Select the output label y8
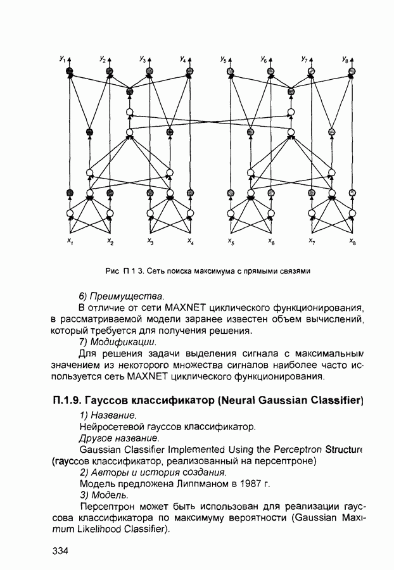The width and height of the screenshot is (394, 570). point(345,59)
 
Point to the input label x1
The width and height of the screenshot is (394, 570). point(70,242)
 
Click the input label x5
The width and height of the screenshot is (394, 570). point(231,242)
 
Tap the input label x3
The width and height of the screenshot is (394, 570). point(150,242)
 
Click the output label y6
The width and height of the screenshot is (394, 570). point(264,59)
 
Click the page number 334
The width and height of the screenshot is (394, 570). point(60,551)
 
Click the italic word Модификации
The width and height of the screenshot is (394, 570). point(122,342)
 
